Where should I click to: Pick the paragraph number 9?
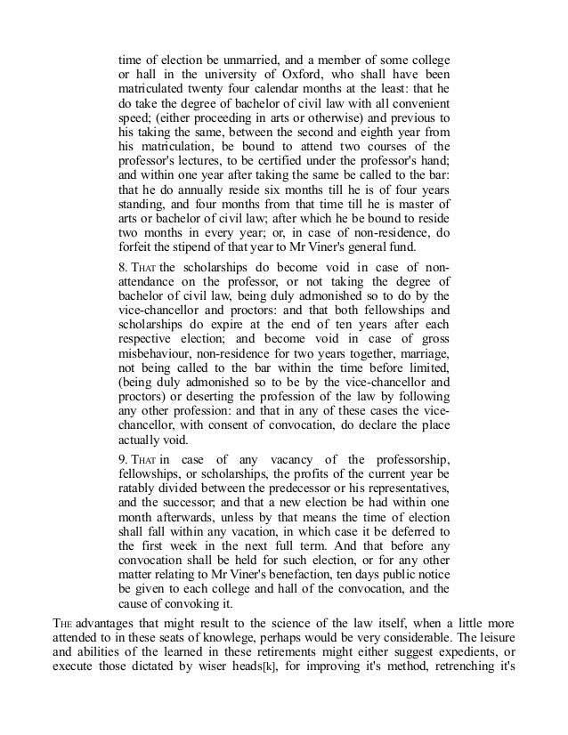pos(124,458)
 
